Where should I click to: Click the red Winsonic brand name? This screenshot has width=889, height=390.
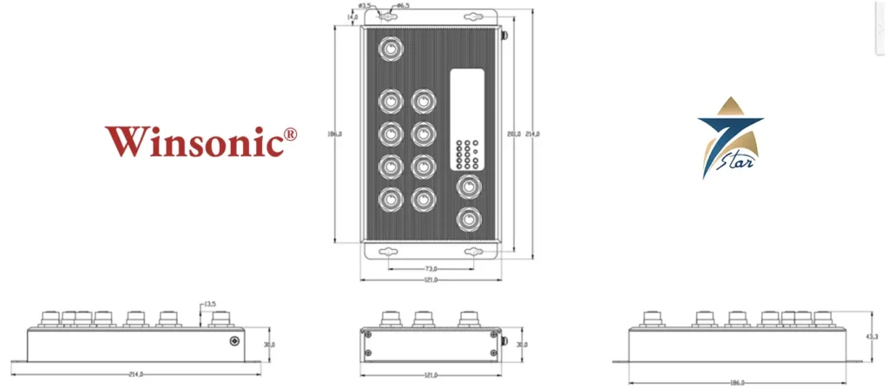[195, 142]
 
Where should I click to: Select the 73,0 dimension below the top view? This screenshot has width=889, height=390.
[431, 269]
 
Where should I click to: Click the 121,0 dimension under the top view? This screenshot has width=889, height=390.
[429, 280]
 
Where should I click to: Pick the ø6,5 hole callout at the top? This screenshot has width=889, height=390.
[403, 6]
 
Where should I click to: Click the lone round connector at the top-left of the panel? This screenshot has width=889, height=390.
[393, 49]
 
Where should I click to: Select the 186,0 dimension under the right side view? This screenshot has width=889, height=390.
[736, 382]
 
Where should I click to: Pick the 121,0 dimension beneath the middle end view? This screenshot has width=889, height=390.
[429, 374]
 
